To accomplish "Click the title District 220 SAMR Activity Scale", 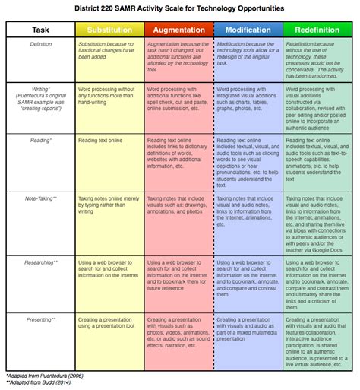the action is point(180,7).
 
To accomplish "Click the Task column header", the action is point(41,30).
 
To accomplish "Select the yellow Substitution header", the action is point(109,30).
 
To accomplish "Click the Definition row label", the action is point(41,46).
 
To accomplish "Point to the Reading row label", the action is point(41,141).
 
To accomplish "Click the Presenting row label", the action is point(41,320).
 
